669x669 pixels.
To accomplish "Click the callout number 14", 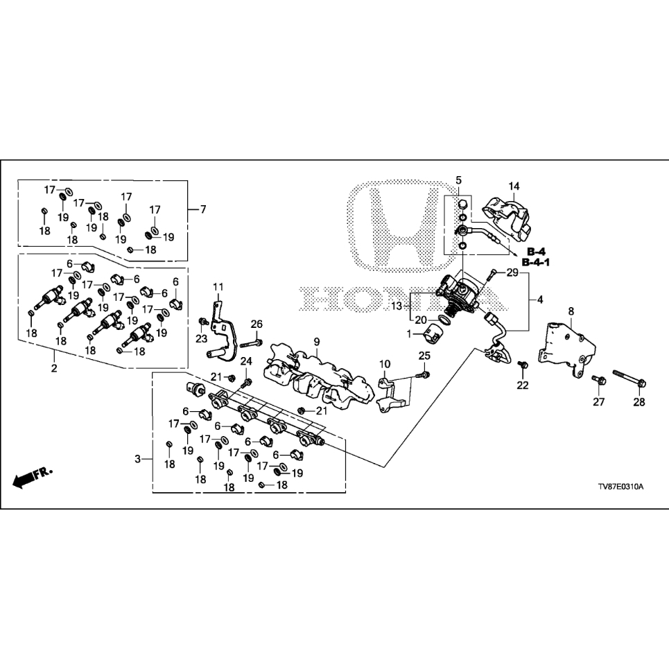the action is [514, 186].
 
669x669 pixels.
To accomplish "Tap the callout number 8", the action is [571, 311].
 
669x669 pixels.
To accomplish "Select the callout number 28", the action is [639, 402].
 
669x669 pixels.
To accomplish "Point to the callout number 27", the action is [598, 402].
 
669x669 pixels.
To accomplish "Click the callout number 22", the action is [523, 385].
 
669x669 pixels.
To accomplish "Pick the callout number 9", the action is [317, 342].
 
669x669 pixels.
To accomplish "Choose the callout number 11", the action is [218, 287].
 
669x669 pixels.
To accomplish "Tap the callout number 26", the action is [257, 324].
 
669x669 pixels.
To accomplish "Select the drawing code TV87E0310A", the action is [620, 487].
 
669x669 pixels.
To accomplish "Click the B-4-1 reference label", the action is [536, 262].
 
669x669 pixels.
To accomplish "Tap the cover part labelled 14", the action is [507, 218].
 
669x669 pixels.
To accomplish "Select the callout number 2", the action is [54, 368].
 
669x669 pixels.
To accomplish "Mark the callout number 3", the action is [137, 459].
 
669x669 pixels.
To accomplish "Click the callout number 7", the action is [203, 209].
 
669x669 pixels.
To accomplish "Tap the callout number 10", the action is [385, 364].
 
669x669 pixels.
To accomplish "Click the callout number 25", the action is [424, 356].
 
